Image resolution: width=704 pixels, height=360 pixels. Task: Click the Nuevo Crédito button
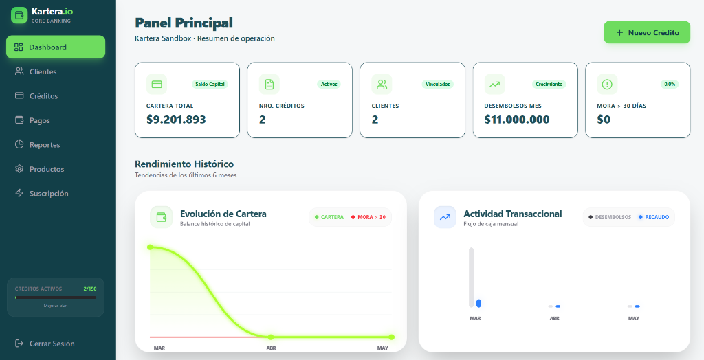tap(647, 32)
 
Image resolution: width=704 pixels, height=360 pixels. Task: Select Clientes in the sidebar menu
tap(43, 71)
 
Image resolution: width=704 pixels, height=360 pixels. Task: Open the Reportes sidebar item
tap(44, 145)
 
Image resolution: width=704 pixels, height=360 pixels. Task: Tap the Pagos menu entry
tap(39, 120)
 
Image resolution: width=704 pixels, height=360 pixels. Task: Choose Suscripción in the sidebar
tap(48, 194)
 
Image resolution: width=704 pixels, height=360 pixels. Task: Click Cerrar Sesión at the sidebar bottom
tap(52, 344)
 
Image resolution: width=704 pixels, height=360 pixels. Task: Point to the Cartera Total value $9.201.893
tap(176, 120)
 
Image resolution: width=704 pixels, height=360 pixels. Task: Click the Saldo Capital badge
tap(210, 85)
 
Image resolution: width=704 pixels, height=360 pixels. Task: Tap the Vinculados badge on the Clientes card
tap(438, 85)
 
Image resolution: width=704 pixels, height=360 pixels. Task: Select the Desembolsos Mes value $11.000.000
tap(517, 120)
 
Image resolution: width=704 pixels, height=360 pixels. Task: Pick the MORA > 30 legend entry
tap(368, 217)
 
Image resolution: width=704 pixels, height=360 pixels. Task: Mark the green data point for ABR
tap(271, 337)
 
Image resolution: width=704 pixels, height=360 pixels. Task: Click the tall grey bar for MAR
tap(472, 277)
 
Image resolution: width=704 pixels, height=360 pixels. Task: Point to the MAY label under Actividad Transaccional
tap(634, 319)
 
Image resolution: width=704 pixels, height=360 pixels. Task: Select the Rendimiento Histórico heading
tap(184, 164)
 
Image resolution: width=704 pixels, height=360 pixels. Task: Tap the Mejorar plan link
tap(56, 306)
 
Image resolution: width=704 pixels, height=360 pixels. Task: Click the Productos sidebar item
tap(46, 169)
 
